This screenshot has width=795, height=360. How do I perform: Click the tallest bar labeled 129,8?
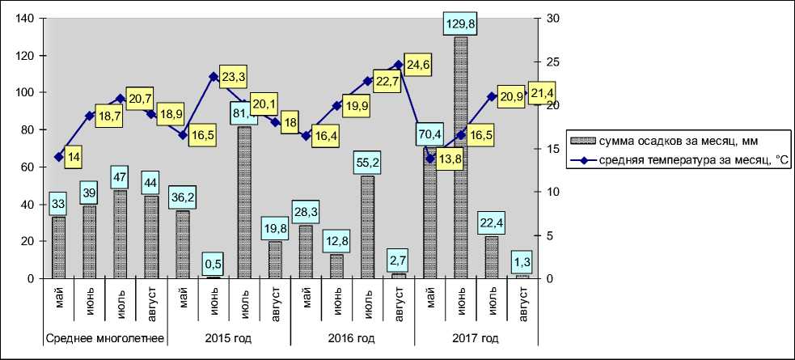click(x=460, y=158)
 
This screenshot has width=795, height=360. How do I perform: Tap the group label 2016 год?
click(x=352, y=338)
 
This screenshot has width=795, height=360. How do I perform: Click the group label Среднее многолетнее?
click(x=105, y=338)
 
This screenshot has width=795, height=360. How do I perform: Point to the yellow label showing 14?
click(x=74, y=157)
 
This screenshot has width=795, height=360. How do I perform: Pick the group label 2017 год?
click(x=477, y=338)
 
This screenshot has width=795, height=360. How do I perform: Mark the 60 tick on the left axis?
click(x=27, y=167)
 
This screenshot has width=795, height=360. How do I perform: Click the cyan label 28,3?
click(x=306, y=213)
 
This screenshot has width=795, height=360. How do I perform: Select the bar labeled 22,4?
click(x=491, y=257)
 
